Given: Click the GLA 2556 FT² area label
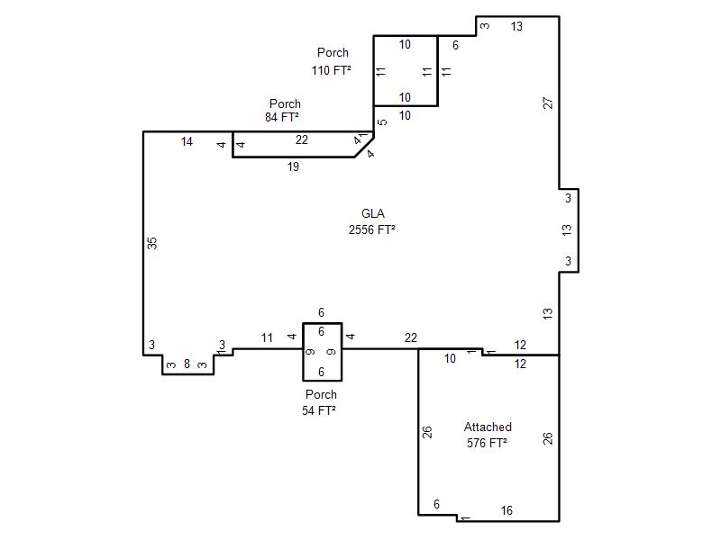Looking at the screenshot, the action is [x=372, y=221].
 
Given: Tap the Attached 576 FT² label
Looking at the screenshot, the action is [x=488, y=435].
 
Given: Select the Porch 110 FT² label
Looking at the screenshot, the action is [x=332, y=61].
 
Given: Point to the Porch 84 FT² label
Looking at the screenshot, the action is [x=282, y=110].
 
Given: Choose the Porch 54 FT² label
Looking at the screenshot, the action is [x=319, y=402].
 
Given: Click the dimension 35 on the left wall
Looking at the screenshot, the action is [x=152, y=243].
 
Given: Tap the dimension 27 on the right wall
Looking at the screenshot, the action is [x=548, y=103].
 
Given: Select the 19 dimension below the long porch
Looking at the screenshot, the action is [x=294, y=166].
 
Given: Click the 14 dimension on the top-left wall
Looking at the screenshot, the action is [x=187, y=141].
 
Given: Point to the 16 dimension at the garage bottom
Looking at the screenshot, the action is [x=507, y=510].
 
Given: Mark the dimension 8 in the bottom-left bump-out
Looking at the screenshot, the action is [x=187, y=364].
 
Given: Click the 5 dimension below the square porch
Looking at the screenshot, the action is [x=382, y=122].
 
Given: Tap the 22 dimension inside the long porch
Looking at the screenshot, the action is [x=302, y=139].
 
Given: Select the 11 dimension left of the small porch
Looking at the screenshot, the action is [x=267, y=338].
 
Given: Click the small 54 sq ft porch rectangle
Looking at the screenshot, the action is [x=323, y=352].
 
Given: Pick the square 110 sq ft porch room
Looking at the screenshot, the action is [x=406, y=71].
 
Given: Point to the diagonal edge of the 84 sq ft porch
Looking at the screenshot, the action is [x=364, y=147].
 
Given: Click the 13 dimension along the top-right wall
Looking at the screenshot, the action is [x=516, y=27].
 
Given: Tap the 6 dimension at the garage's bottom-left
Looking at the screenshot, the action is [x=436, y=504].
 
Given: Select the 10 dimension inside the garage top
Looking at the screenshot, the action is [x=450, y=358].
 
